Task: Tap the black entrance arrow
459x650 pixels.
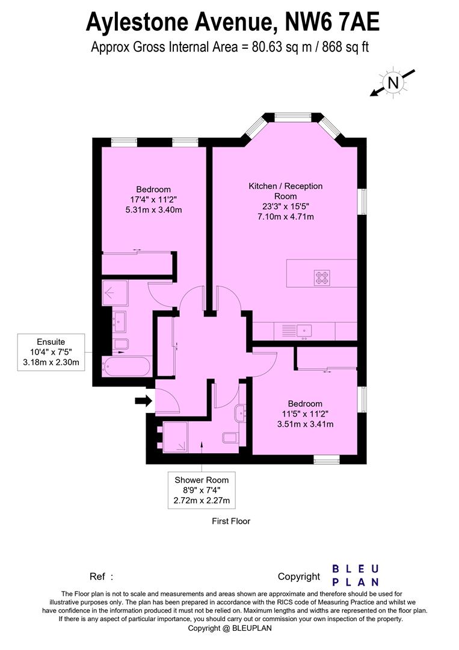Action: pos(143,400)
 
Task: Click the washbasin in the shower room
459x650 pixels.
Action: pos(242,412)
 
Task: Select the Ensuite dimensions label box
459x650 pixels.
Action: pos(51,351)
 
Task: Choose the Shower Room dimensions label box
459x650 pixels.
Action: pos(202,490)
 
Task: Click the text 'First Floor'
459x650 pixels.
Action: pos(231,521)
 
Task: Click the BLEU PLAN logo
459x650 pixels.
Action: pos(356,575)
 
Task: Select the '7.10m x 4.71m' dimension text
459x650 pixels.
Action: pos(286,217)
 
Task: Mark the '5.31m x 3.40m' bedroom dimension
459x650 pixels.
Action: pos(153,210)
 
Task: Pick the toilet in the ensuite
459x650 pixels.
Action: pos(122,344)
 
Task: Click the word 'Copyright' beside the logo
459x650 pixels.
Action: pos(299,577)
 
